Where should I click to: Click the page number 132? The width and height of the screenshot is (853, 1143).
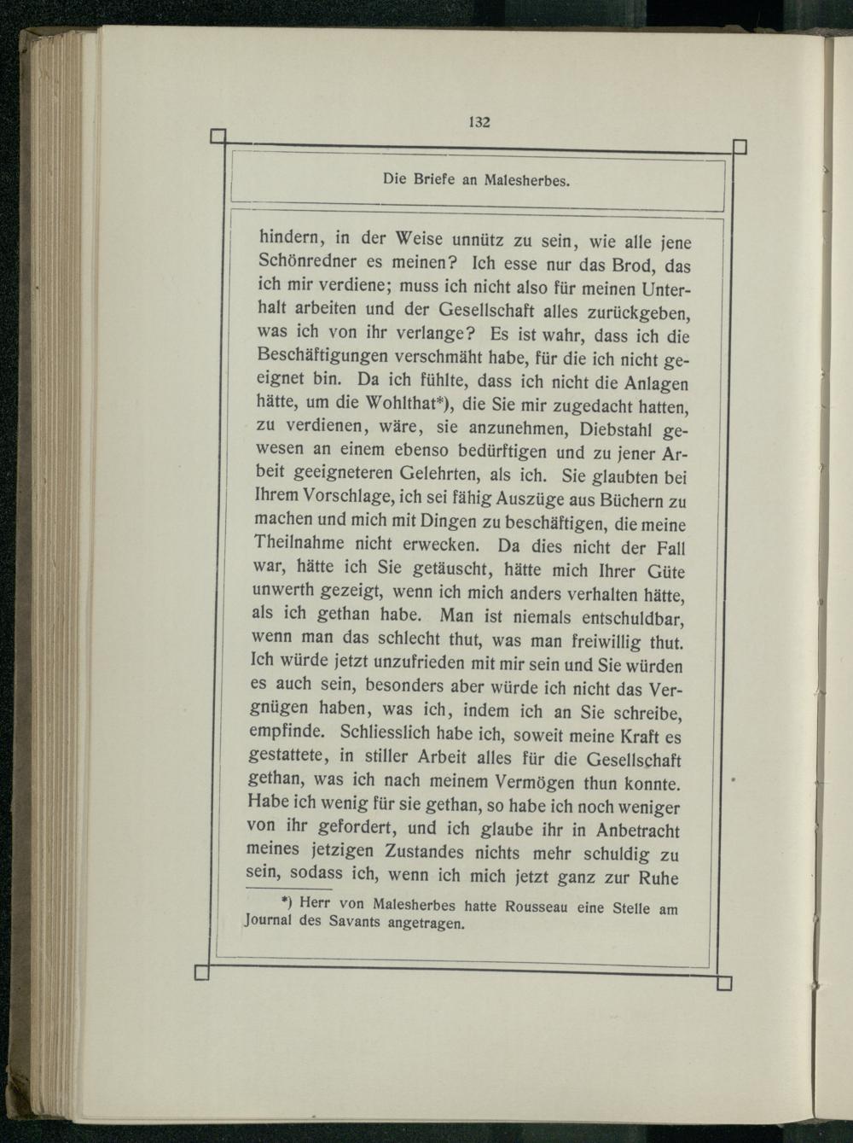tap(479, 121)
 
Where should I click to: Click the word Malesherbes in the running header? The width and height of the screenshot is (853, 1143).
tap(525, 181)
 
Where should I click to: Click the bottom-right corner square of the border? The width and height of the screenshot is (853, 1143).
tap(725, 984)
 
